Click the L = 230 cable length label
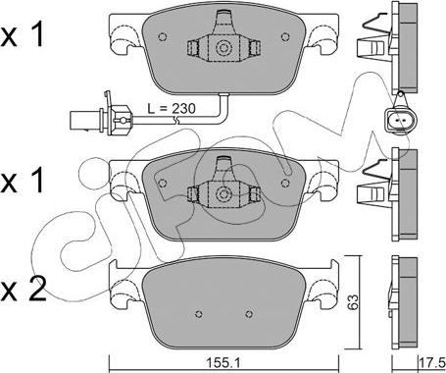click(172, 108)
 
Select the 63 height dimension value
click(353, 301)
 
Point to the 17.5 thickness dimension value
click(432, 363)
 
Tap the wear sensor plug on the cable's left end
click(101, 120)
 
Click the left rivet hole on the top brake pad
click(163, 36)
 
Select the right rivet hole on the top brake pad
click(285, 36)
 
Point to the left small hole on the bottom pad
click(199, 314)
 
